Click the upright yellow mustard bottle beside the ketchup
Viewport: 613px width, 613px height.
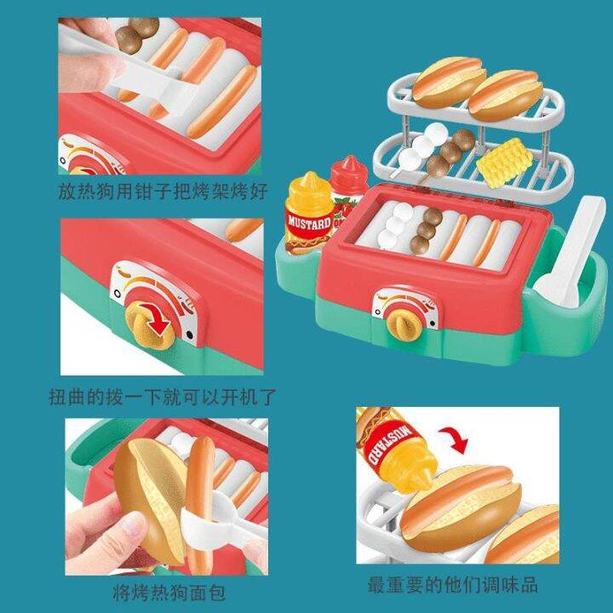309,213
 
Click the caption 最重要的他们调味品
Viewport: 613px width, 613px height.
452,585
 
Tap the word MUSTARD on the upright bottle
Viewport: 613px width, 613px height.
308,222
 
